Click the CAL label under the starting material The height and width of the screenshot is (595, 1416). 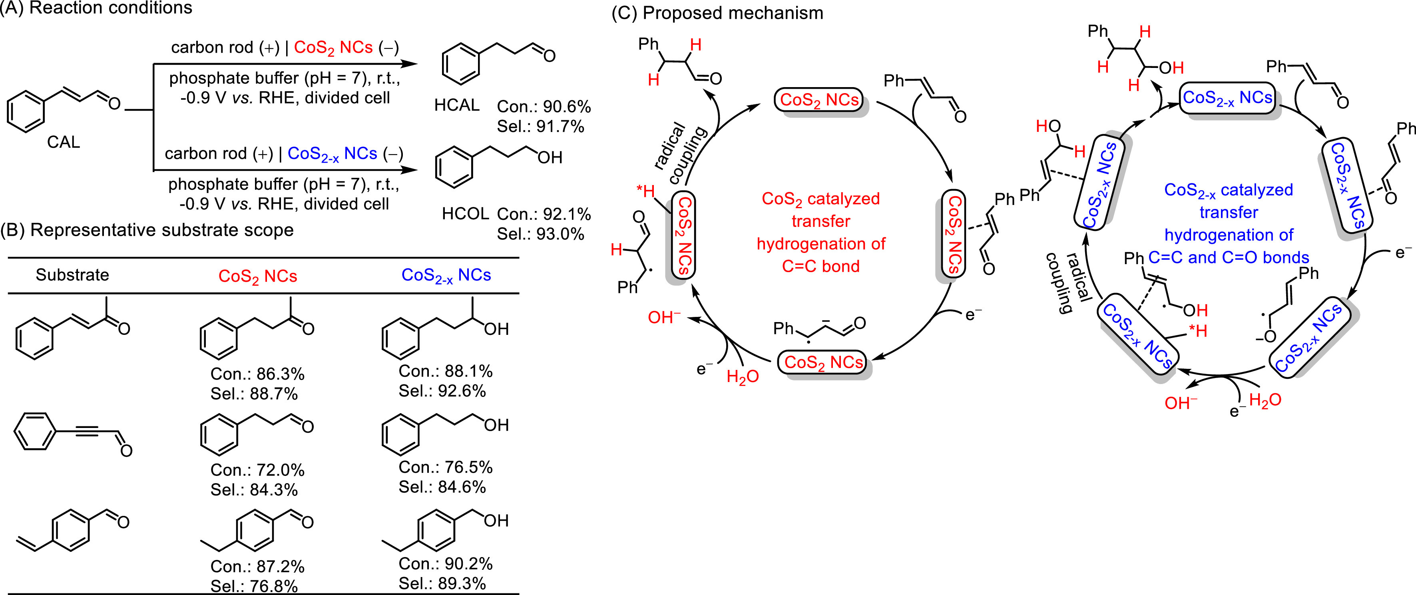pos(63,142)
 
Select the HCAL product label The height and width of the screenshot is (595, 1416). pos(457,105)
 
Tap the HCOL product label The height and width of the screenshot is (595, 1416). pos(465,214)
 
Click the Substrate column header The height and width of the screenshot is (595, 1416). pos(73,275)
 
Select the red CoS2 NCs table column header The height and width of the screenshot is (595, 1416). pos(258,276)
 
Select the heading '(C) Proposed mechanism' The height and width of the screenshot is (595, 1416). pos(717,13)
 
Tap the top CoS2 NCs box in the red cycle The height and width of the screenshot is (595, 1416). pos(819,100)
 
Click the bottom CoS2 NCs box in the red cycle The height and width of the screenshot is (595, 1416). pos(823,362)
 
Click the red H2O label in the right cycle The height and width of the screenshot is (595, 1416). pos(1265,400)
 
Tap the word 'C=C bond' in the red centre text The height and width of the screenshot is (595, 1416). pos(821,267)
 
